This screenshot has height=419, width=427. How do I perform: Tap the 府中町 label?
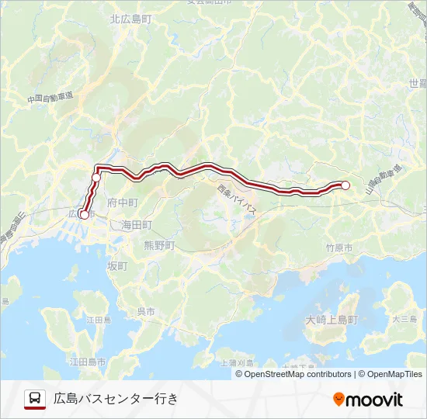pyautogui.click(x=123, y=203)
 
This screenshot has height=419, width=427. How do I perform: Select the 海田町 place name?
pyautogui.click(x=137, y=225)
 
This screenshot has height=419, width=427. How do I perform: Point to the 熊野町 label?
pyautogui.click(x=160, y=245)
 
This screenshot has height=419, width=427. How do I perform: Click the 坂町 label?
pyautogui.click(x=116, y=265)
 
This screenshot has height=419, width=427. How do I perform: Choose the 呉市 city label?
pyautogui.click(x=146, y=311)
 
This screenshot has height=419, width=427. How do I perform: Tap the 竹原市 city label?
pyautogui.click(x=339, y=248)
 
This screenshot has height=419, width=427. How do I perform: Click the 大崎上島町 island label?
pyautogui.click(x=331, y=320)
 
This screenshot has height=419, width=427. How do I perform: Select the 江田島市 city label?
pyautogui.click(x=87, y=362)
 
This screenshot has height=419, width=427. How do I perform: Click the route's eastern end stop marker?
pyautogui.click(x=345, y=185)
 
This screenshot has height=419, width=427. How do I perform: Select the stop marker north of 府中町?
pyautogui.click(x=95, y=178)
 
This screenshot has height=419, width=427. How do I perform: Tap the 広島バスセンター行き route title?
pyautogui.click(x=116, y=399)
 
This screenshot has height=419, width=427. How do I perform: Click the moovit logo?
pyautogui.click(x=368, y=400)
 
